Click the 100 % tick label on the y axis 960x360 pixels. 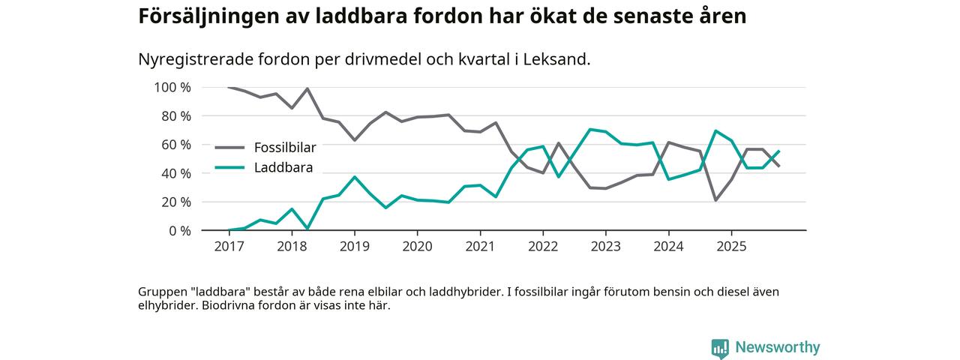pos(172,88)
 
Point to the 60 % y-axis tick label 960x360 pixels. pos(176,145)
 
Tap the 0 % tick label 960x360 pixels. pos(179,231)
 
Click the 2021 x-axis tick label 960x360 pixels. pos(480,246)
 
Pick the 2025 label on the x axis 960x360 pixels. pos(731,246)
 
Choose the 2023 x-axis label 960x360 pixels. pos(605,246)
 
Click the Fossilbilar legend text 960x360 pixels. pos(285,148)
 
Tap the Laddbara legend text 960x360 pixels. pos(283,168)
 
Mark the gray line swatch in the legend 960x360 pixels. pos(229,148)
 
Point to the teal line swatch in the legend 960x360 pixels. pos(229,168)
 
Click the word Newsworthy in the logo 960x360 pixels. pos(778,347)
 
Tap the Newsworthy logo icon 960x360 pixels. pos(720,348)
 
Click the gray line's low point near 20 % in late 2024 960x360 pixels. pos(716,200)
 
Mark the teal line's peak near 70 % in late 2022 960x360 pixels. pos(590,130)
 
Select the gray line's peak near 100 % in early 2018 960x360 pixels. pos(307,89)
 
